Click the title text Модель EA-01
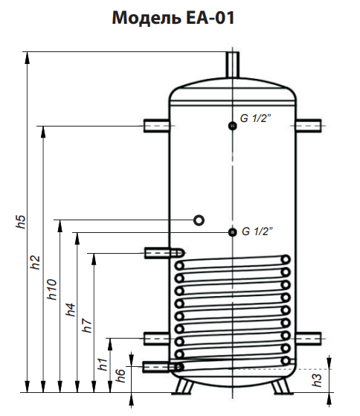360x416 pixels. tap(173, 18)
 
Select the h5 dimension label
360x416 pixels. tap(21, 221)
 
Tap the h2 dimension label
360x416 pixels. tap(35, 263)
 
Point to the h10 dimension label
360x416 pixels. tap(52, 289)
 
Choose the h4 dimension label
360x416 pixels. tap(71, 310)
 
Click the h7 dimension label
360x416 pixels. tap(87, 325)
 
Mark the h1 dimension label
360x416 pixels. tap(103, 364)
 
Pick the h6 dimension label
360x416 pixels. tap(120, 375)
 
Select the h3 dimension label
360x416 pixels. tap(317, 380)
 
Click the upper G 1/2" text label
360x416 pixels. tap(256, 118)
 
